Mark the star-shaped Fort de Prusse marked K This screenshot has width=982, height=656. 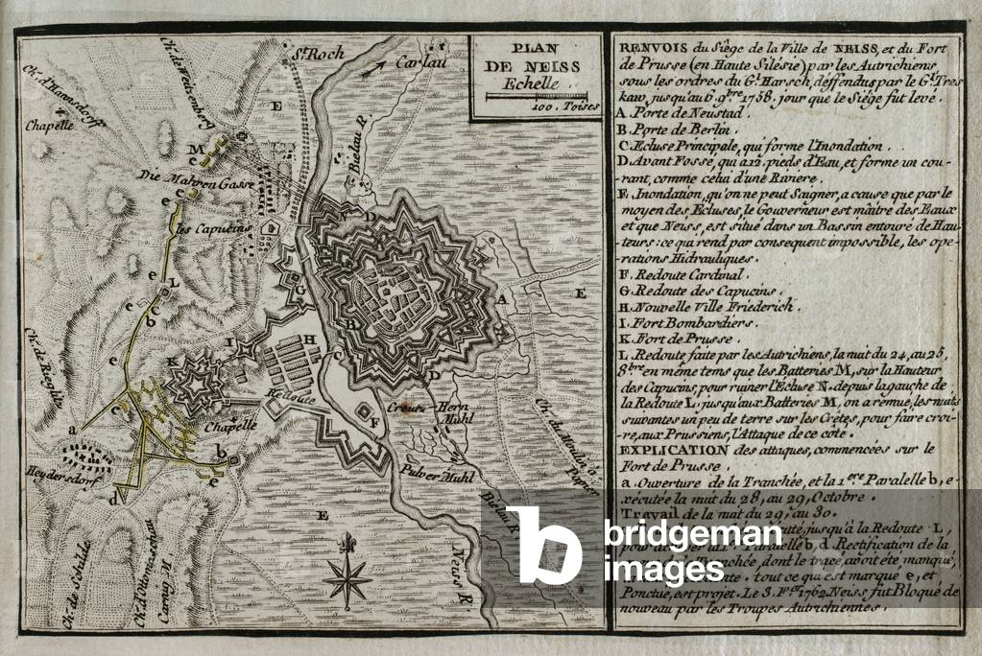[197, 383]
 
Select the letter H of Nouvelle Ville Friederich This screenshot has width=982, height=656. [310, 339]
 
